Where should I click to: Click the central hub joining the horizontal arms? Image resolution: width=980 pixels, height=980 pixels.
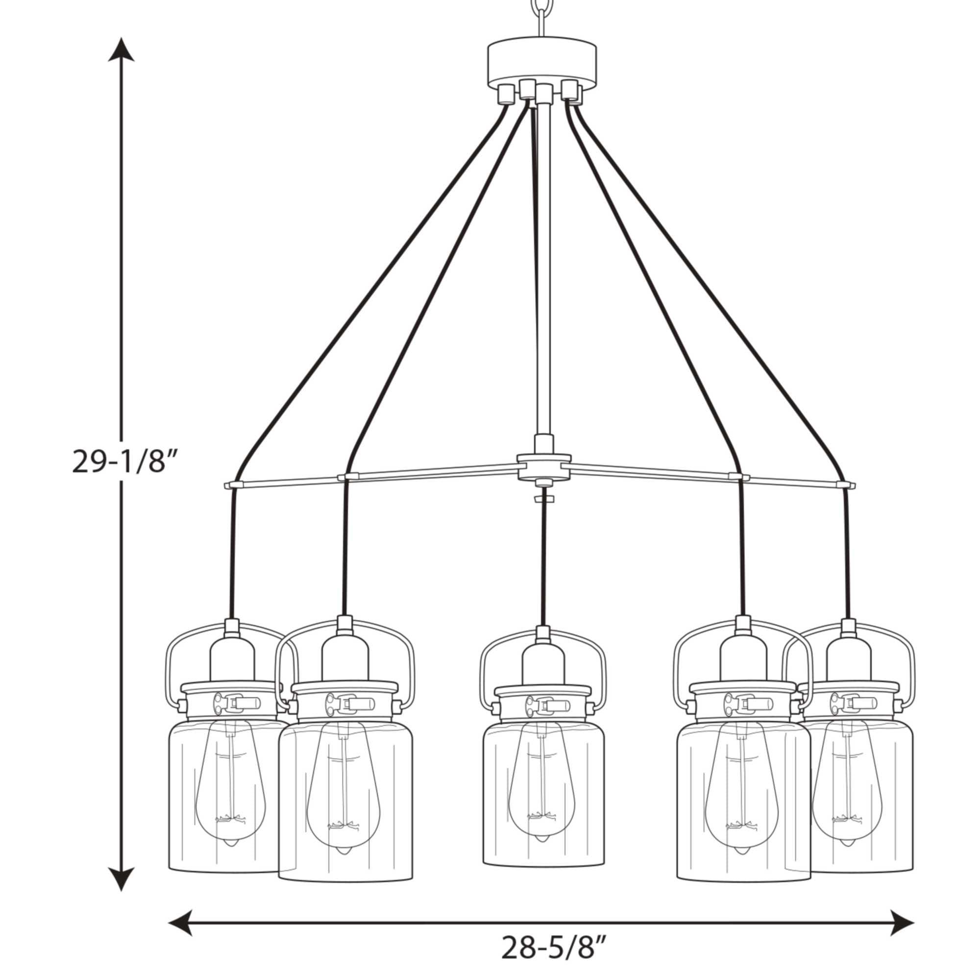543,465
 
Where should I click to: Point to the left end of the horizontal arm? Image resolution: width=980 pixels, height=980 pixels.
229,486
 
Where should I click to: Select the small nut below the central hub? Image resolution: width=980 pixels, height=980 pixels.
543,499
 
